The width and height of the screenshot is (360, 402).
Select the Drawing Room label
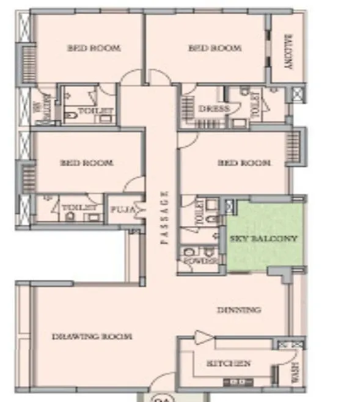[92, 336]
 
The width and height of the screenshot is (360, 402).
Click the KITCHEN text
[229, 364]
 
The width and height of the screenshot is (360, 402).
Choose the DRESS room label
[214, 109]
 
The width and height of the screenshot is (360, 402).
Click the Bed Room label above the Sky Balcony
[244, 163]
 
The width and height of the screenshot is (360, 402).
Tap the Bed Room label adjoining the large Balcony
[215, 48]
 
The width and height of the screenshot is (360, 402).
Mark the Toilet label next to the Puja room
[79, 208]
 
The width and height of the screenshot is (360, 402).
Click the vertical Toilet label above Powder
[198, 214]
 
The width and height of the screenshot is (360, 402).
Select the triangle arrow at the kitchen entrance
[201, 337]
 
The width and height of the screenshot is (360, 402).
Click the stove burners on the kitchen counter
[238, 382]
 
